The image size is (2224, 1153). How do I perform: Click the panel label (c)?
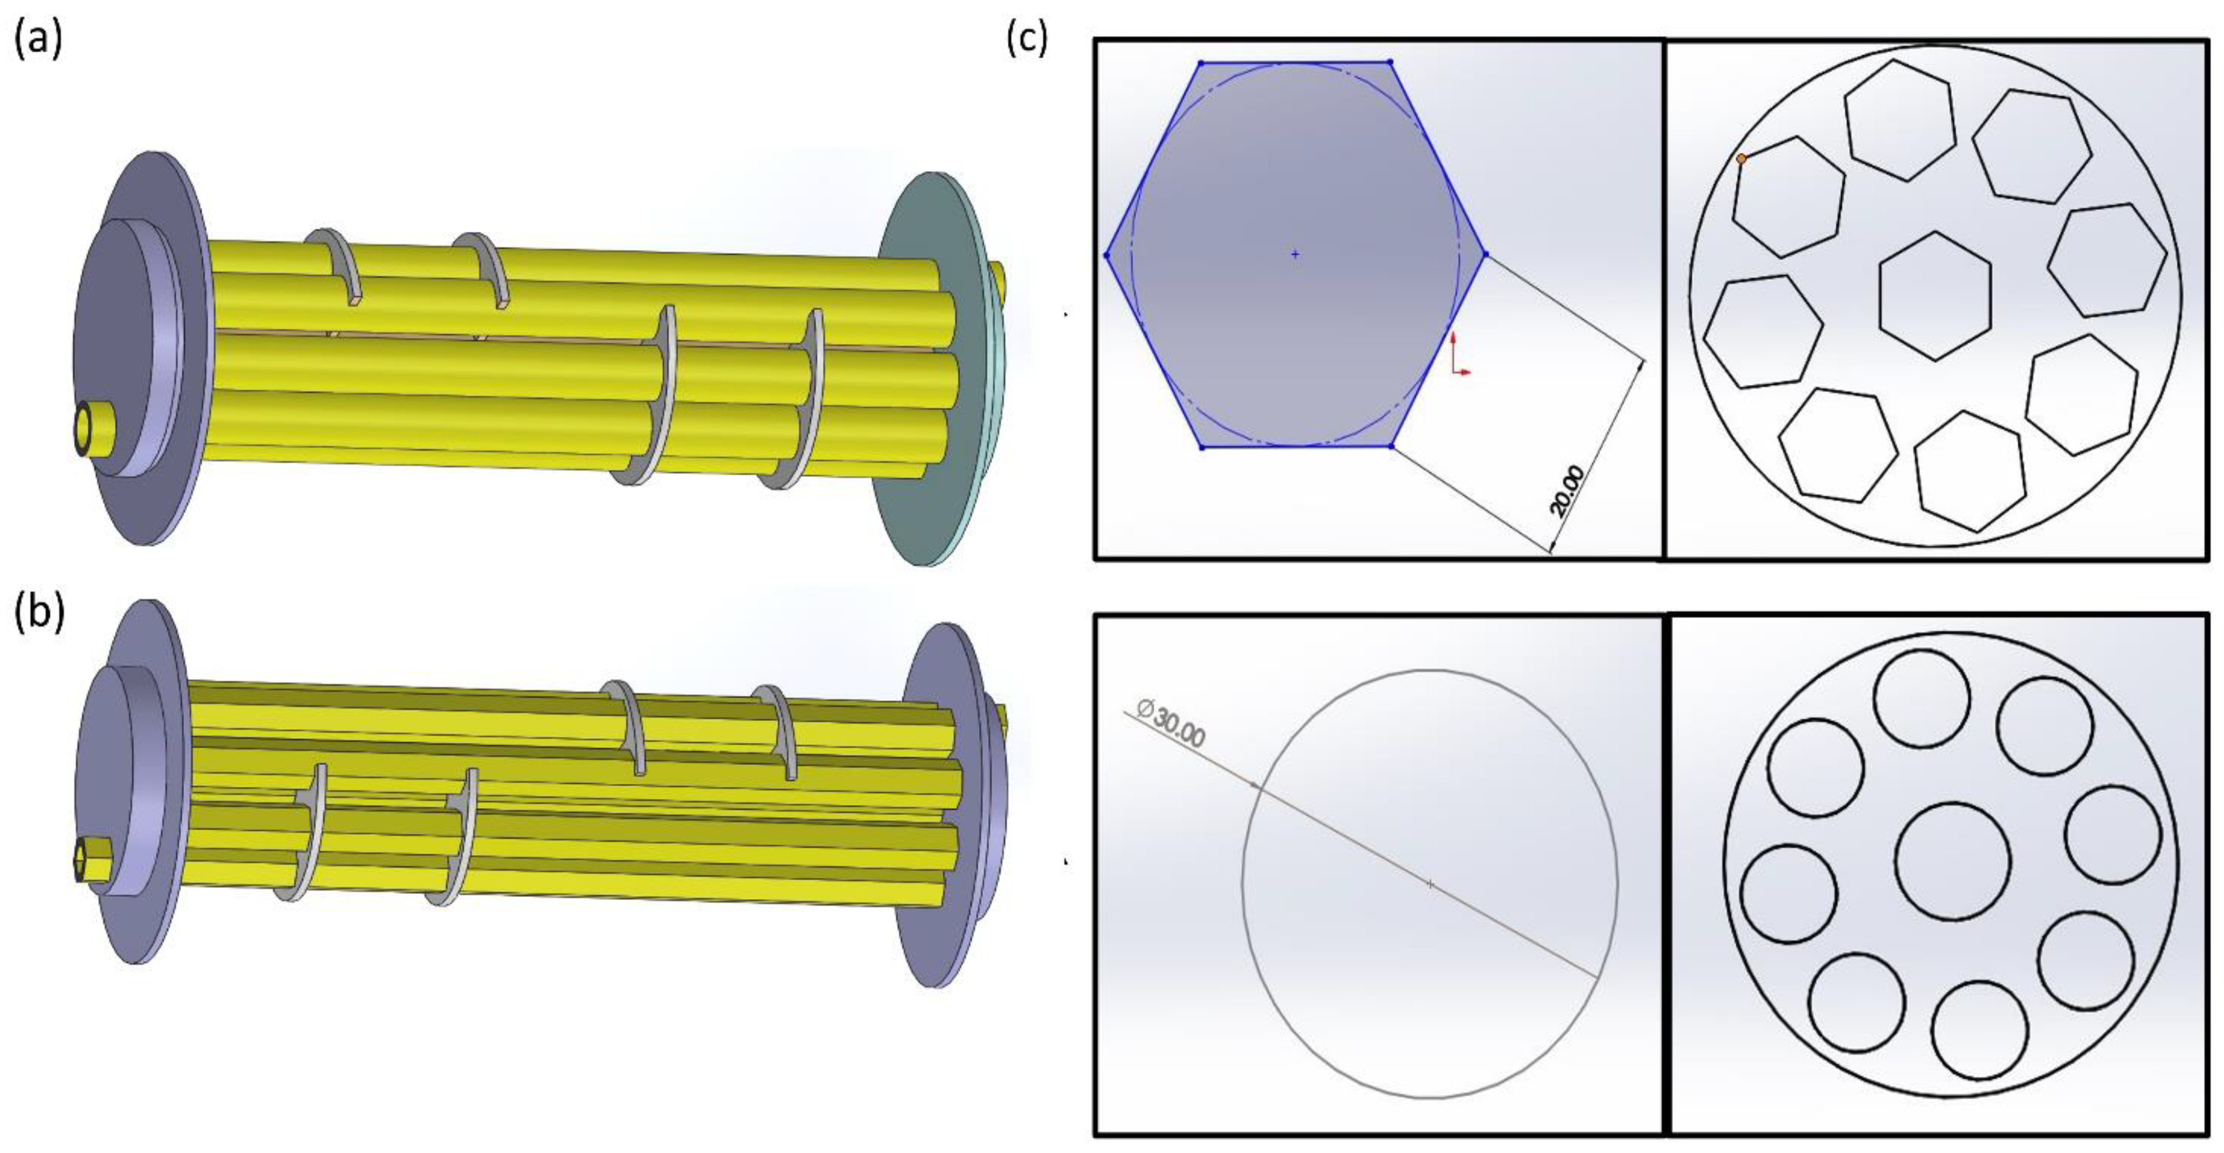[x=1027, y=39]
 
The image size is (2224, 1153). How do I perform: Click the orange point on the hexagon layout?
[x=1741, y=159]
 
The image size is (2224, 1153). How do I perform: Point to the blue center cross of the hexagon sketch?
[x=1295, y=254]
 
